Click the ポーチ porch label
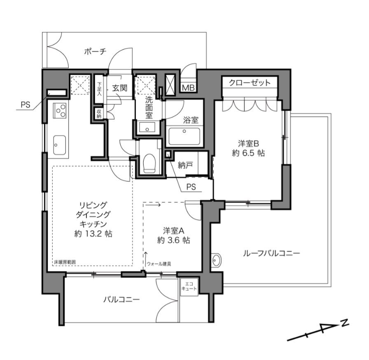click(x=95, y=51)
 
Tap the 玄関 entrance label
click(x=119, y=88)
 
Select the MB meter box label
click(x=189, y=88)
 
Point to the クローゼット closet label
click(x=250, y=83)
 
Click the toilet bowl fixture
click(x=150, y=163)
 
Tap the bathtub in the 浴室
click(x=184, y=136)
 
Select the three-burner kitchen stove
click(x=60, y=110)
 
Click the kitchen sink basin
click(x=60, y=145)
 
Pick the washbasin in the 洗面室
click(x=147, y=127)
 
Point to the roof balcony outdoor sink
click(x=216, y=260)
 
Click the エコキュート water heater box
click(x=189, y=287)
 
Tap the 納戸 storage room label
click(x=185, y=166)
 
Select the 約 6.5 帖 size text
click(x=248, y=153)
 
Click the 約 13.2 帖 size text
click(x=93, y=234)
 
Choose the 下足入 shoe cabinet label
click(x=100, y=89)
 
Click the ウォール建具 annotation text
click(x=159, y=264)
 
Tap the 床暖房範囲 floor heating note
click(x=65, y=262)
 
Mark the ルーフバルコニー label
click(x=271, y=253)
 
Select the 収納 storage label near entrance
click(x=99, y=114)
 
